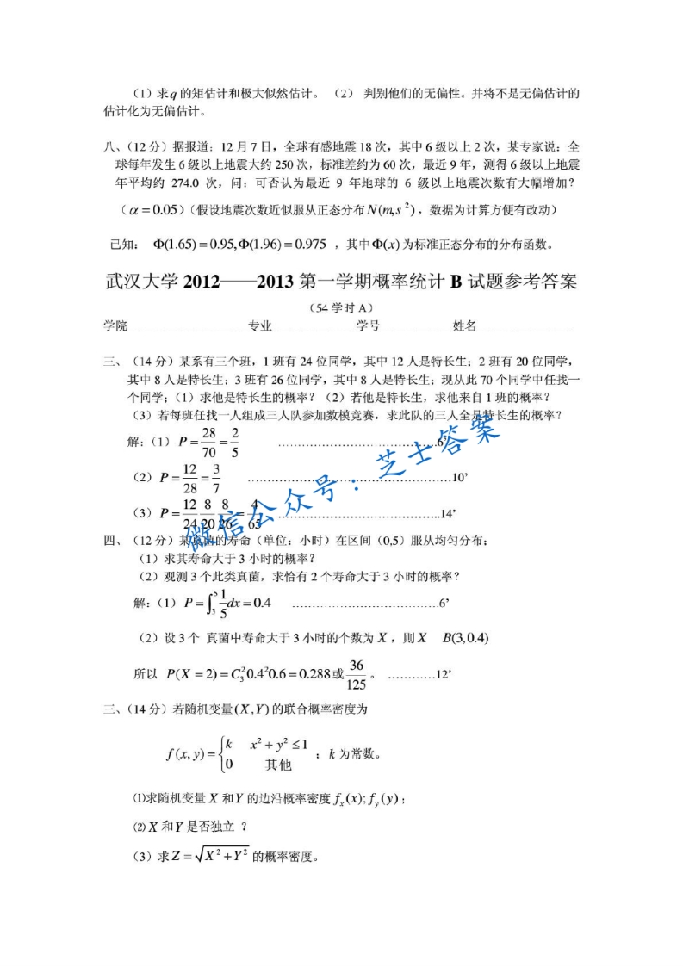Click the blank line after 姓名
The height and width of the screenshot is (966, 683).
(525, 327)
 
